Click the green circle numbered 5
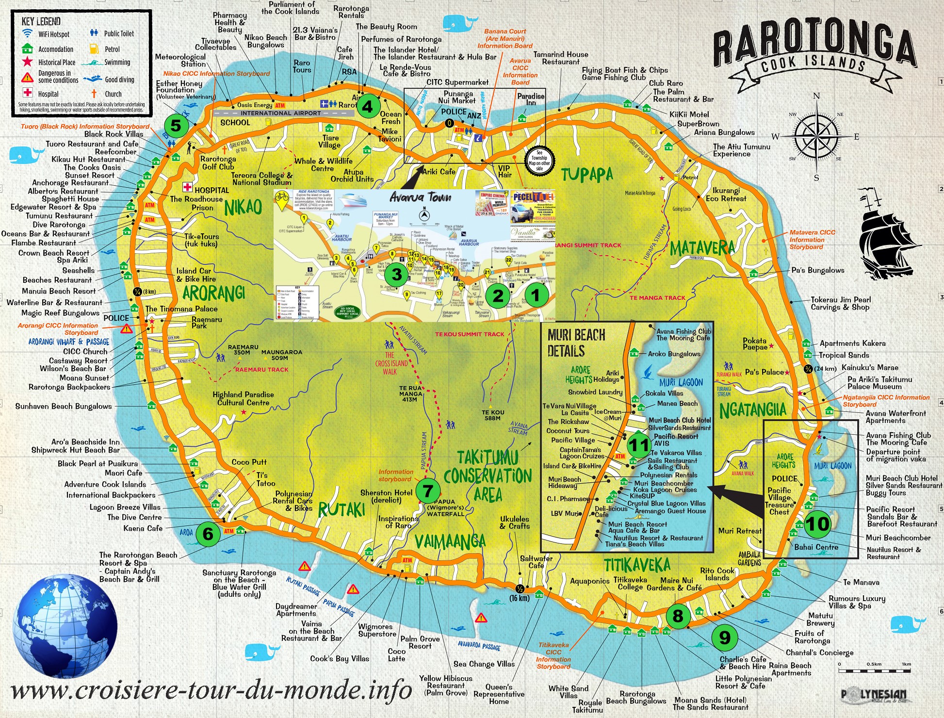coord(176,125)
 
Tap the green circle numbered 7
coord(427,491)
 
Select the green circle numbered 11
coord(638,445)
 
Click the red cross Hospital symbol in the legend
coord(28,93)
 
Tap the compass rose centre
coord(817,136)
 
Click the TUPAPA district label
coord(587,174)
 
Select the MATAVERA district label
coord(702,248)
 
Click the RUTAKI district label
coord(342,509)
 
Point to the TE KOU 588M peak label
coord(493,415)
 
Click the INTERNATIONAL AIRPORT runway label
coord(280,113)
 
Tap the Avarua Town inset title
coord(420,197)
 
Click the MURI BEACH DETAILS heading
coord(576,343)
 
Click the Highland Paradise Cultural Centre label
coord(243,398)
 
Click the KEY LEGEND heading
coord(41,21)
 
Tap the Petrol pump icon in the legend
coord(94,49)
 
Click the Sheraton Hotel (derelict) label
coord(386,496)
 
